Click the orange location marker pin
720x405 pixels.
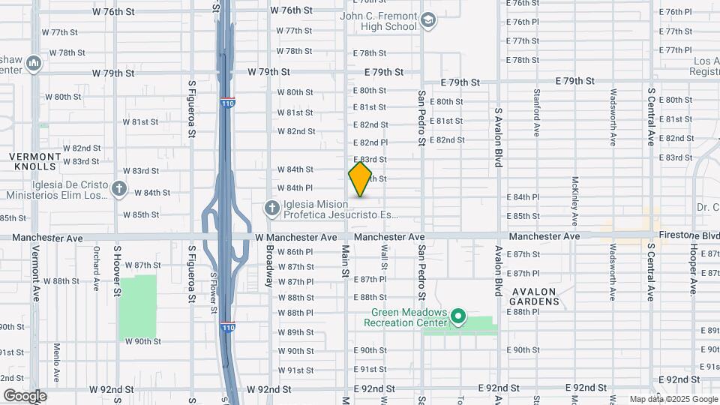point(360,179)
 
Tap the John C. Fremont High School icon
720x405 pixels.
point(428,20)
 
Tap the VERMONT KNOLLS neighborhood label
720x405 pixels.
point(33,160)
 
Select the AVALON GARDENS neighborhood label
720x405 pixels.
point(536,296)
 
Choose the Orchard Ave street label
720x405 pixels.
point(97,268)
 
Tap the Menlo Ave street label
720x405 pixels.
point(57,362)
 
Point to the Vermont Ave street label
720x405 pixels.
point(34,269)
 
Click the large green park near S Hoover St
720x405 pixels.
point(138,306)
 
